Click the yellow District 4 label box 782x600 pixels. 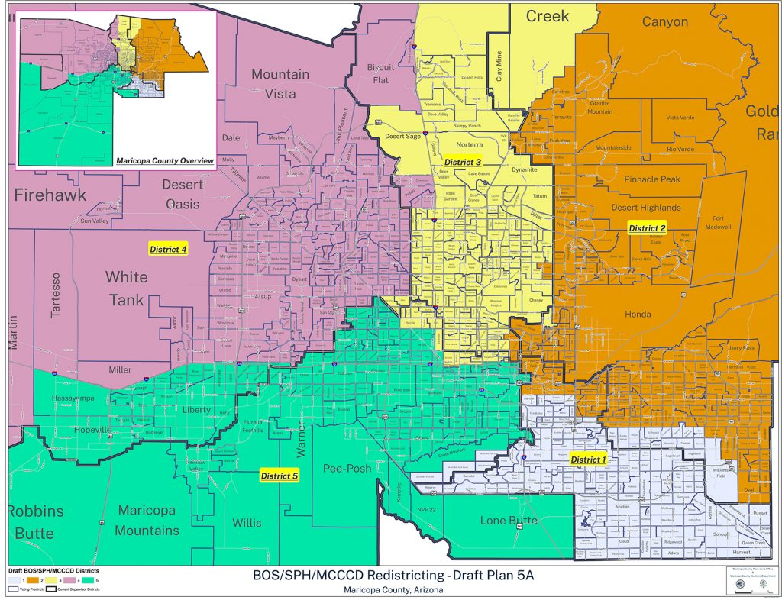pos(168,249)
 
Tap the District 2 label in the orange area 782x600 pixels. pos(647,228)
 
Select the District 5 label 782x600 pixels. pos(279,476)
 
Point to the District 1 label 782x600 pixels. pos(588,459)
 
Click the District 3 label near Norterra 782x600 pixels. pos(463,162)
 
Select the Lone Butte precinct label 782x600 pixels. pos(509,521)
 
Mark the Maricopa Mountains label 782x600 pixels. pos(147,520)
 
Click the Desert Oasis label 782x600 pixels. pos(183,194)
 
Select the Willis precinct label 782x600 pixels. pos(247,523)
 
